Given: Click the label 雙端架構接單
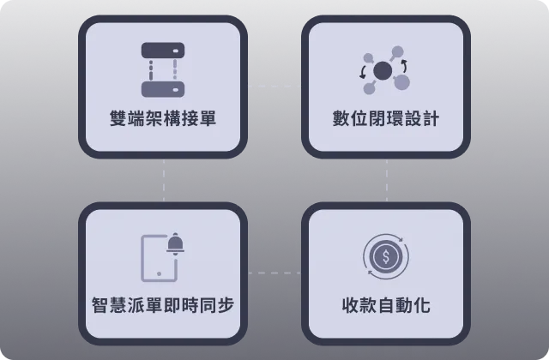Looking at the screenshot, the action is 163,118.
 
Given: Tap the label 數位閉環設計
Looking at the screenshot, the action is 386,118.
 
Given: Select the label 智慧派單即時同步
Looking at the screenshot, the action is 163,305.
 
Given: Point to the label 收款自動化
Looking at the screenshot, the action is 386,305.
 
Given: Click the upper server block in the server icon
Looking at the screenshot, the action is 163,51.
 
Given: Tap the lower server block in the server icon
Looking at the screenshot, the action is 163,89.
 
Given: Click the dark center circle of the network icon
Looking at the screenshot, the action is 383,70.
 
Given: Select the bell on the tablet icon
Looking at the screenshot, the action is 175,243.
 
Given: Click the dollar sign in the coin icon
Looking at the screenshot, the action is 386,257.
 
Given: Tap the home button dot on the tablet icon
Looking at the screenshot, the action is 159,273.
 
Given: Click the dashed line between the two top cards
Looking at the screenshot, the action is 274,86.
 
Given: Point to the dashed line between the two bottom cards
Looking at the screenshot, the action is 274,273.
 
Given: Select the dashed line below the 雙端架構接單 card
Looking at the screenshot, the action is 164,180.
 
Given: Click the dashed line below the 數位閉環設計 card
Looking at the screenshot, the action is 387,180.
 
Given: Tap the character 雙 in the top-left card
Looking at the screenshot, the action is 118,118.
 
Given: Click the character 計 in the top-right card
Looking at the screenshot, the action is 431,118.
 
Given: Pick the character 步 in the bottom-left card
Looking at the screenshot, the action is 226,305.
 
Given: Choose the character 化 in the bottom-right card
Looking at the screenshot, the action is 422,305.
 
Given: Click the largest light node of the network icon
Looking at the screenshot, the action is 401,82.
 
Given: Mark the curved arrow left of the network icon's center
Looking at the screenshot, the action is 363,72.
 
